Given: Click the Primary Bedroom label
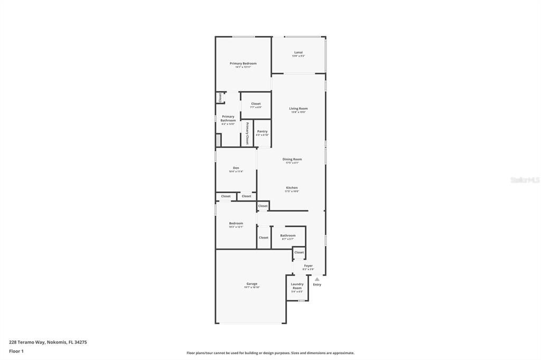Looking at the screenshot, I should click(x=243, y=64).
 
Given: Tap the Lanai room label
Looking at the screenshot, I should click(x=299, y=53).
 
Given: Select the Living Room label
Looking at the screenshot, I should click(x=298, y=109).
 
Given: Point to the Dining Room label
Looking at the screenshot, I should click(x=292, y=159).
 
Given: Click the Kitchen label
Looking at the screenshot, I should click(x=292, y=188).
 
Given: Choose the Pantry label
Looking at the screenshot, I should click(x=262, y=131).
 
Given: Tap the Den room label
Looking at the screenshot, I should click(x=236, y=168).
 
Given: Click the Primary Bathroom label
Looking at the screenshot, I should click(x=228, y=119).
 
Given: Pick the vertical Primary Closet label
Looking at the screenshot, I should click(x=247, y=133).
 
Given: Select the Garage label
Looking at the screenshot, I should click(x=252, y=284).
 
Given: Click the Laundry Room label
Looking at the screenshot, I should click(x=297, y=286).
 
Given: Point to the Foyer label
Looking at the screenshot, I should click(x=308, y=266).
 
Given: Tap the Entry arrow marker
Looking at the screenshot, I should click(x=317, y=279).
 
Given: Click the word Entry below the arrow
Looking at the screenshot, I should click(x=317, y=285).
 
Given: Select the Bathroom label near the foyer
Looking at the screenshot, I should click(x=288, y=236).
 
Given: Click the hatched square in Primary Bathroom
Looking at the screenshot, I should click(x=218, y=140).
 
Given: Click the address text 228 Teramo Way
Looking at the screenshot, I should click(x=48, y=342).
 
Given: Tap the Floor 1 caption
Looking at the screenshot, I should click(x=16, y=351).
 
